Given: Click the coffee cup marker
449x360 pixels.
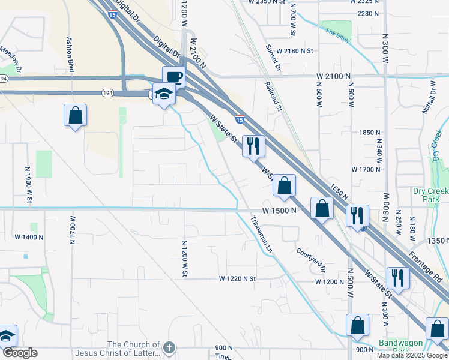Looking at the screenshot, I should [173, 77].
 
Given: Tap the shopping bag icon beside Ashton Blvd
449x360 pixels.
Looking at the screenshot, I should [75, 115].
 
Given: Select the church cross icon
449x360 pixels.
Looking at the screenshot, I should [170, 347].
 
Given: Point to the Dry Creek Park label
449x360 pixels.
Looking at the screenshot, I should [430, 195].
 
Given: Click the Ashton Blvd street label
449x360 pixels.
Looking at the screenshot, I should [70, 55].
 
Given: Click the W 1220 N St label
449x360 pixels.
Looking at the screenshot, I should [237, 279].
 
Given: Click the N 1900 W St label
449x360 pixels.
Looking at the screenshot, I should [28, 184].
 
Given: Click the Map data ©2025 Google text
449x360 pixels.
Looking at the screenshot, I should [411, 355].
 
